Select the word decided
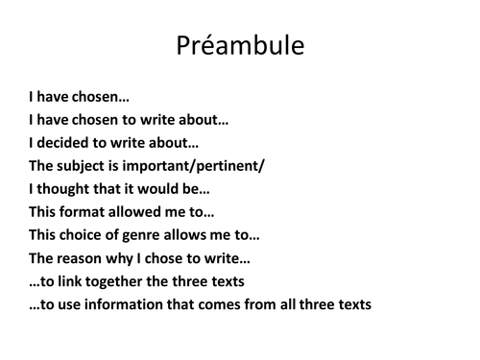pyautogui.click(x=64, y=142)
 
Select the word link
pyautogui.click(x=73, y=281)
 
